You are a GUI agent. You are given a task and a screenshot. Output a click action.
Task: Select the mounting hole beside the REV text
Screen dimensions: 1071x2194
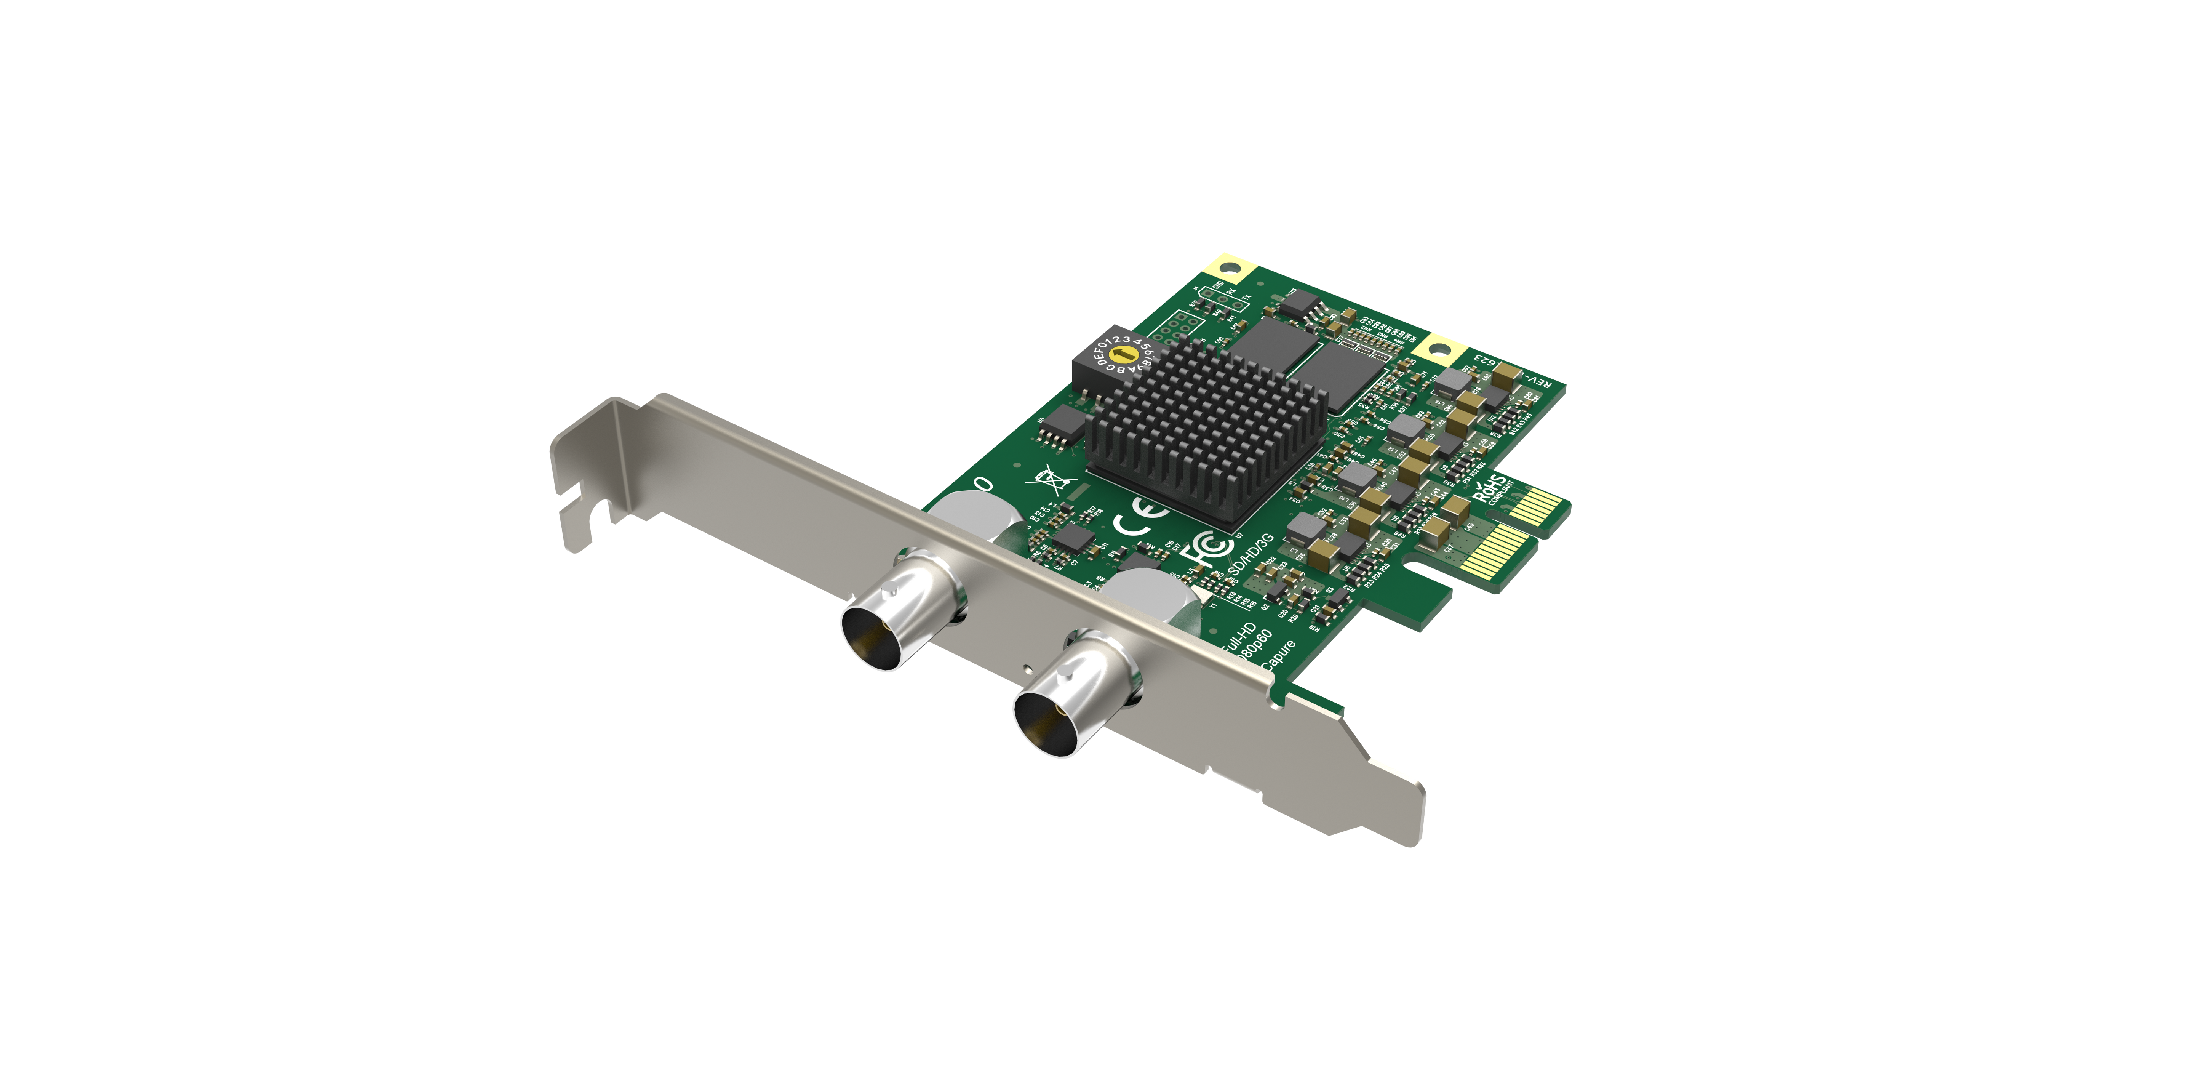point(1439,349)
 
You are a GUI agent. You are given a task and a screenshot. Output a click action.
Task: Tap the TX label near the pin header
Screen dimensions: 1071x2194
point(1246,298)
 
